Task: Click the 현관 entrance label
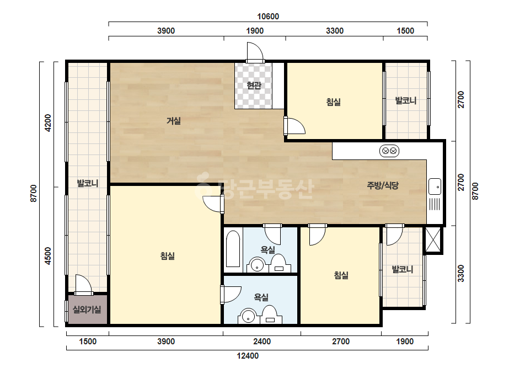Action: (254, 85)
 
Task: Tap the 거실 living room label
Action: (174, 121)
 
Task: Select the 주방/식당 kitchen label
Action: (383, 185)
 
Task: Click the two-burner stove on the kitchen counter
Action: (389, 151)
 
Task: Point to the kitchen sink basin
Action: (435, 186)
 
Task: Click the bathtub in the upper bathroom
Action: (233, 248)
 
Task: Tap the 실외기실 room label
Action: (87, 310)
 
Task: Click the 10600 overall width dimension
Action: (268, 16)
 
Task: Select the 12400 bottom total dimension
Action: (248, 356)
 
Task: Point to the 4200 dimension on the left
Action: (48, 123)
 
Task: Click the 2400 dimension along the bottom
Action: (262, 342)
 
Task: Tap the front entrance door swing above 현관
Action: (255, 52)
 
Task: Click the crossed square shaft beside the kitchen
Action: (433, 239)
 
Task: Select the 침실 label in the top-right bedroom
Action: (334, 102)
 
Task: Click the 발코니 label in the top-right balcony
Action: (406, 101)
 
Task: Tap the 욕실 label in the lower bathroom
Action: (261, 297)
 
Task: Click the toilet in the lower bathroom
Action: (270, 315)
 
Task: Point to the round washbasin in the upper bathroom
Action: (257, 265)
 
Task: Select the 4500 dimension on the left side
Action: (48, 256)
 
